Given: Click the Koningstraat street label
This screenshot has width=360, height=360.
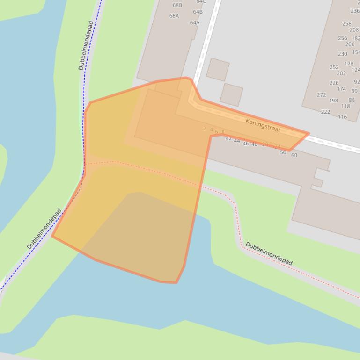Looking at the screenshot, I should tap(263, 125).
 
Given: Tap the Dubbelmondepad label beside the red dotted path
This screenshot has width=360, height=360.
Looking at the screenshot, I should tap(269, 253).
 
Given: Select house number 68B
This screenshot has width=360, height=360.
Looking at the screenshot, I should tap(177, 5).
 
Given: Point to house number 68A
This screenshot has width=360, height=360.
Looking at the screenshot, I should tap(174, 16).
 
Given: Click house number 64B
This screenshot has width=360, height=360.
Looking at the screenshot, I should tap(198, 12).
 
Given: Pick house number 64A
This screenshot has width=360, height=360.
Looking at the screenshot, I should tap(195, 22).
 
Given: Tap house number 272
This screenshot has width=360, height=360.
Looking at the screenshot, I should tap(321, 95).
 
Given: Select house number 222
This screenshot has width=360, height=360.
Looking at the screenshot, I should tap(325, 112).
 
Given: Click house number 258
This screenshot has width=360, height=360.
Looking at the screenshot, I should tap(346, 23).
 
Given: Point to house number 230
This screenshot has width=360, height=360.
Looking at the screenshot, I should tap(343, 54).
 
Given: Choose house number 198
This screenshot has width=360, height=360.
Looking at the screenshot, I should tap(333, 101).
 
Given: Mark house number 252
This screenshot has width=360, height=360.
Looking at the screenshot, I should tap(334, 67).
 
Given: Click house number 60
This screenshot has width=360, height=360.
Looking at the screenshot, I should tap(294, 155).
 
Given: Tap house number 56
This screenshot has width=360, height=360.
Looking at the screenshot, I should tap(283, 152).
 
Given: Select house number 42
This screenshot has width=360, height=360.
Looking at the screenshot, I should tap(228, 138).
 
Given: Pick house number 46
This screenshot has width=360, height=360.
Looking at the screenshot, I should tap(246, 144).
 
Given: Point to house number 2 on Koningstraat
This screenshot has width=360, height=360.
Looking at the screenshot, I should tap(205, 129).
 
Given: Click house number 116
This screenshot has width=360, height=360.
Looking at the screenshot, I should tap(342, 117).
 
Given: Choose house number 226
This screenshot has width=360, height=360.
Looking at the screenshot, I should tap(334, 83).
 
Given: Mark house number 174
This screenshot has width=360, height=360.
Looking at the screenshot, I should tap(341, 89).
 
